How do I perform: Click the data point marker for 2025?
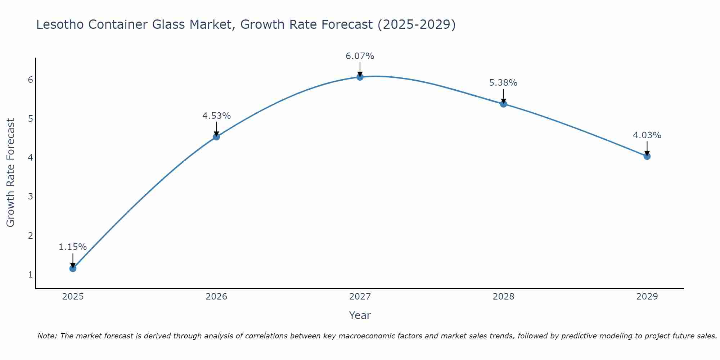(73, 268)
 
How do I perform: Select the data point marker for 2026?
(216, 137)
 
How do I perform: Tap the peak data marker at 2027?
(360, 77)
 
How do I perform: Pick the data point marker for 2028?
(504, 104)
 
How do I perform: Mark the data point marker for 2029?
(647, 156)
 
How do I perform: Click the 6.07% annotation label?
(360, 56)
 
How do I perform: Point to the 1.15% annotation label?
(73, 247)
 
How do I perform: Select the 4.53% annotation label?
(216, 116)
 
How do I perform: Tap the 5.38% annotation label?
(503, 83)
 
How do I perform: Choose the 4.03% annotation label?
(647, 135)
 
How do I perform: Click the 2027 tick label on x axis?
(360, 297)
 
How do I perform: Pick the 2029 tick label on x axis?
(647, 297)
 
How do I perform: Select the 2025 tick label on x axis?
(73, 297)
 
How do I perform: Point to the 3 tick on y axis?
(30, 197)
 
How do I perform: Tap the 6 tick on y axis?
(30, 80)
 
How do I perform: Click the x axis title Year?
(360, 315)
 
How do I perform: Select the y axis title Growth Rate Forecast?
(11, 173)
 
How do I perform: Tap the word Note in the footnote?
(47, 336)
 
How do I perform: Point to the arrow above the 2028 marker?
(504, 95)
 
